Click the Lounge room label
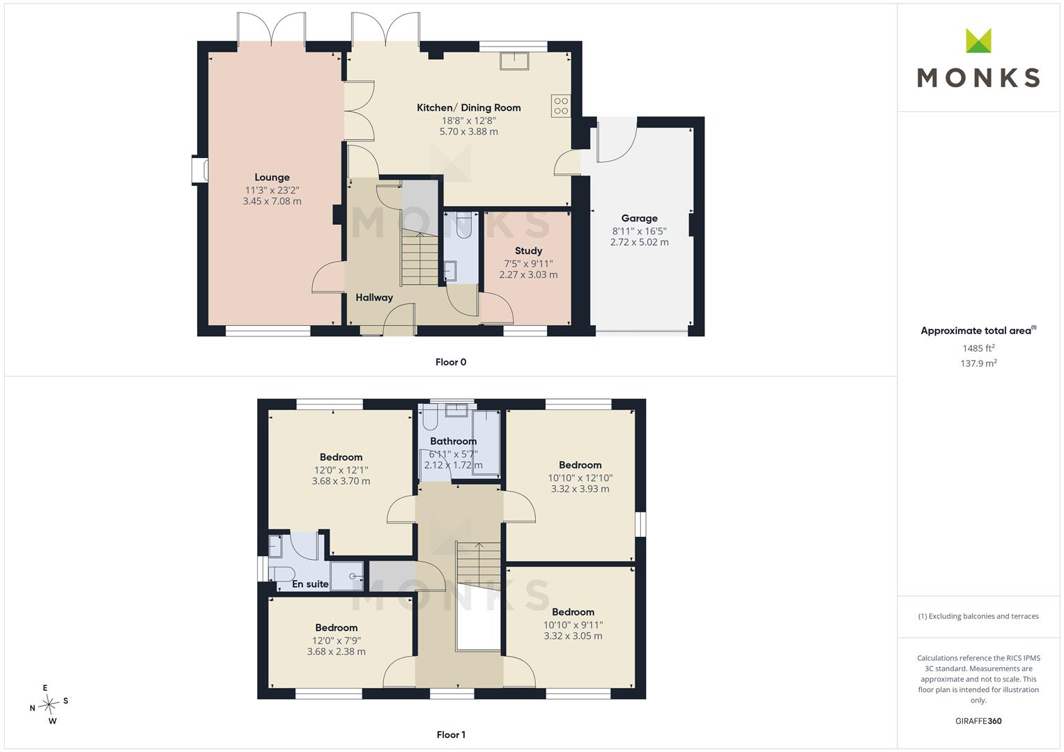pyautogui.click(x=272, y=177)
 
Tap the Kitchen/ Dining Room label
pyautogui.click(x=469, y=108)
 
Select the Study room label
pyautogui.click(x=528, y=251)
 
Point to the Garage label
pyautogui.click(x=640, y=219)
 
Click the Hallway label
pyautogui.click(x=374, y=298)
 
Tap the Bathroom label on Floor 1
pyautogui.click(x=453, y=441)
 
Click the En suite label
pyautogui.click(x=310, y=584)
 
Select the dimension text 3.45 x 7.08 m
pyautogui.click(x=272, y=201)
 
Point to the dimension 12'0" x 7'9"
pyautogui.click(x=337, y=641)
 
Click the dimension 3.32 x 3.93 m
pyautogui.click(x=580, y=489)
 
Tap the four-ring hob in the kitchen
pyautogui.click(x=561, y=105)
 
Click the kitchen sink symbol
pyautogui.click(x=514, y=61)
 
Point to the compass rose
pyautogui.click(x=49, y=704)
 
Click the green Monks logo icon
pyautogui.click(x=978, y=40)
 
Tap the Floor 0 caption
pyautogui.click(x=451, y=362)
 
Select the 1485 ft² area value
pyautogui.click(x=978, y=348)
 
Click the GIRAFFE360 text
pyautogui.click(x=978, y=721)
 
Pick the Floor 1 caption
pyautogui.click(x=451, y=735)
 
